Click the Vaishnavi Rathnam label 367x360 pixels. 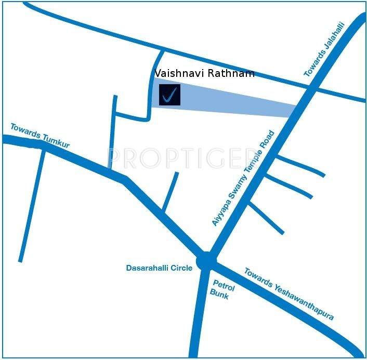point(205,73)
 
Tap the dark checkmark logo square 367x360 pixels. point(169,95)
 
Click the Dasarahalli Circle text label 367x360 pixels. point(159,268)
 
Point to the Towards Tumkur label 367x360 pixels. point(40,136)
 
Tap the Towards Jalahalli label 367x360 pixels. point(324,50)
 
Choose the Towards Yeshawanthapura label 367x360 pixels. point(289,294)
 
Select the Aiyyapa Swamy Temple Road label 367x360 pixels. point(243,178)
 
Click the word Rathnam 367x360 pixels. point(231,73)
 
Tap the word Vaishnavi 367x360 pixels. point(180,73)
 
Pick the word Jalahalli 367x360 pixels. point(333,38)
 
